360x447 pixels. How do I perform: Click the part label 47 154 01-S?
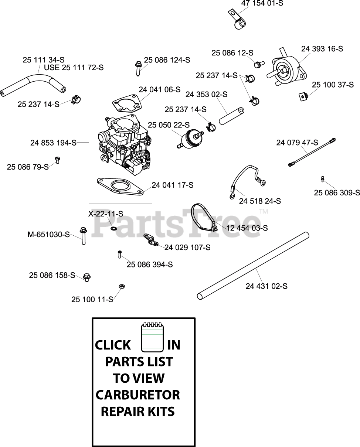[x=262, y=3]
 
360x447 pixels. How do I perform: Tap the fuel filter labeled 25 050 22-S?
[x=191, y=139]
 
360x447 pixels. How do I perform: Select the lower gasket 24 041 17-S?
[x=120, y=185]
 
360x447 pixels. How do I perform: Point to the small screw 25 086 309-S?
[x=323, y=179]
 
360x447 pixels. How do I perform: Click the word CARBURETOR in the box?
[x=138, y=395]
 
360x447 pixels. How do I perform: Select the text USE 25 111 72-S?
[x=74, y=68]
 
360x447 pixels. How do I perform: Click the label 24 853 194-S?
[x=53, y=143]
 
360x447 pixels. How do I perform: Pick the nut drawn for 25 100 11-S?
[x=121, y=286]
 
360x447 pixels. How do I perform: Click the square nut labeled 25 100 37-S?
[x=303, y=96]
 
